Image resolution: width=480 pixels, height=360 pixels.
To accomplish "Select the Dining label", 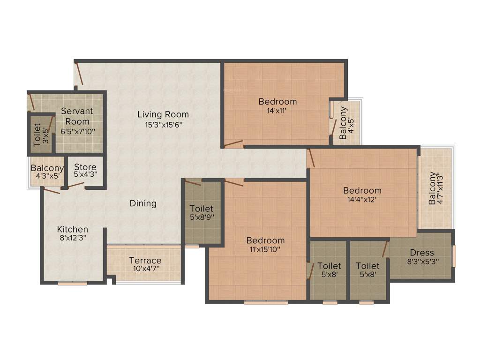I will pos(143,203).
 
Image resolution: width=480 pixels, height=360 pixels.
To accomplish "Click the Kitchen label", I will pos(73,229).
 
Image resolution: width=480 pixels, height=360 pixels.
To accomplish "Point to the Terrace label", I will pos(145,261).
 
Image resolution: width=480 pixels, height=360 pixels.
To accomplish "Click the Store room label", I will pos(85,167).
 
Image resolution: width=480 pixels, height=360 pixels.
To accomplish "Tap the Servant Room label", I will pos(77,116).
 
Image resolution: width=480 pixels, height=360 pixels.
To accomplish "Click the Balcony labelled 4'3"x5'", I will pos(47,168).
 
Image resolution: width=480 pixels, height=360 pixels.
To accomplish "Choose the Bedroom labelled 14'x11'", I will pos(277,102).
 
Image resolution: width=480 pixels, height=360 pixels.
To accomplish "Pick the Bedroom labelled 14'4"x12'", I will pos(362,191).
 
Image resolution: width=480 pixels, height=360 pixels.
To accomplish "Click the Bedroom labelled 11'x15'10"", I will pos(266,240).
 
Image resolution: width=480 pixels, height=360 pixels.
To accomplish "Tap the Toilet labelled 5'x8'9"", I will pos(202,209).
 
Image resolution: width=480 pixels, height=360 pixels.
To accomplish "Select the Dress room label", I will pos(422,253).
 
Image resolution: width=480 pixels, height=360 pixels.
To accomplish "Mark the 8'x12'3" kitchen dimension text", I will pos(73,238).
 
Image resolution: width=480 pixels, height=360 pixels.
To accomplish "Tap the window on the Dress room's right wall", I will pos(454,256).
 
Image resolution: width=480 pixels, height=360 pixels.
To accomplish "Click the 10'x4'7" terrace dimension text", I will pos(145,269).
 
